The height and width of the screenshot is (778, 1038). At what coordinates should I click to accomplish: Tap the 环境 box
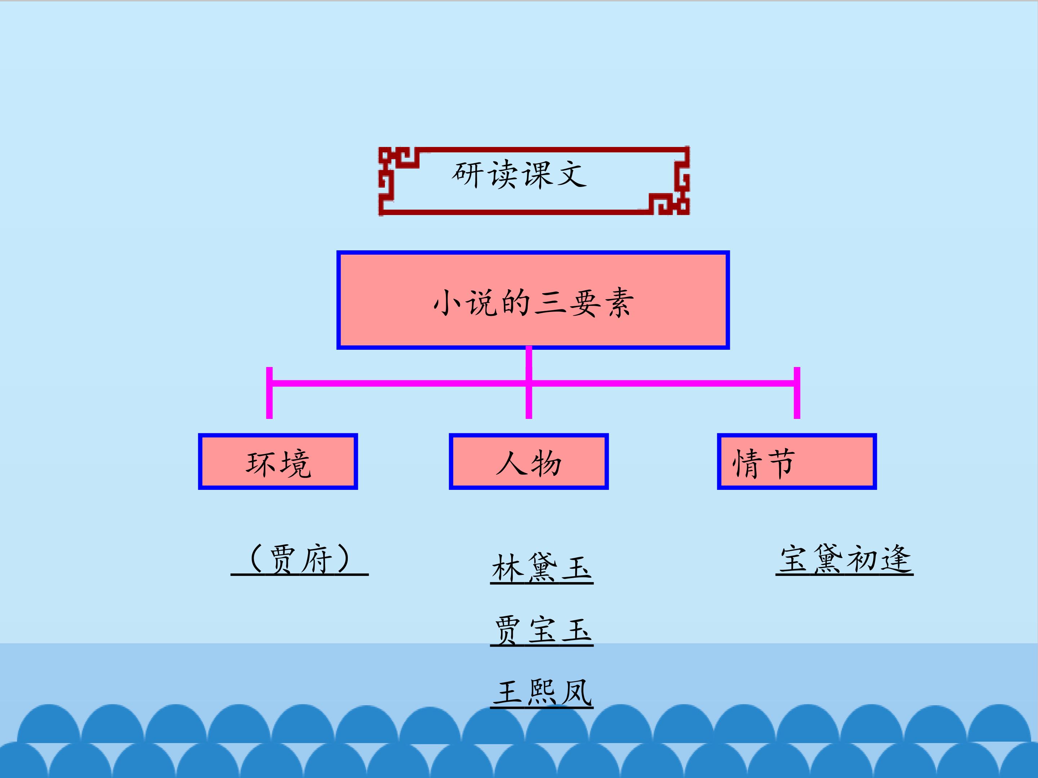pyautogui.click(x=278, y=462)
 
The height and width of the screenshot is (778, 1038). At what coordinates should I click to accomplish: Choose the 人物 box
pyautogui.click(x=528, y=462)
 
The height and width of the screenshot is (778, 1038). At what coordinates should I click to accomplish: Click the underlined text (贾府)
pyautogui.click(x=300, y=559)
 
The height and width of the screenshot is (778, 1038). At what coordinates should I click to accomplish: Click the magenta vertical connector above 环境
pyautogui.click(x=269, y=393)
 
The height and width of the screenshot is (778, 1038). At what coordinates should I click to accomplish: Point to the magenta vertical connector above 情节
pyautogui.click(x=797, y=393)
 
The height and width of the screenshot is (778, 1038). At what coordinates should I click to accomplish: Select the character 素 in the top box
pyautogui.click(x=619, y=303)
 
